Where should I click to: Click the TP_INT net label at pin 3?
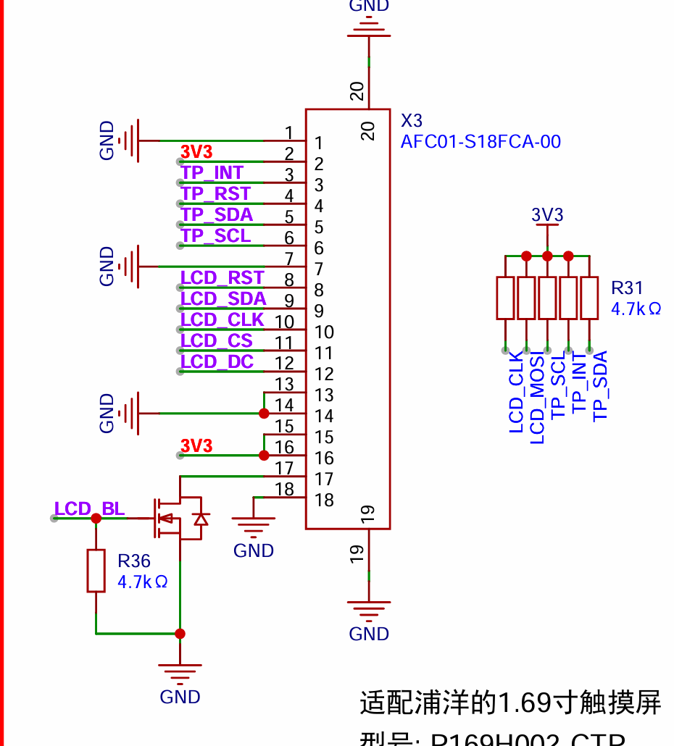pyautogui.click(x=212, y=173)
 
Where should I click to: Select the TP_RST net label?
pyautogui.click(x=215, y=194)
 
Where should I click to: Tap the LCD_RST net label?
pyautogui.click(x=222, y=278)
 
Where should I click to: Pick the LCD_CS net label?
pyautogui.click(x=216, y=341)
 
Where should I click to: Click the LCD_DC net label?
pyautogui.click(x=217, y=362)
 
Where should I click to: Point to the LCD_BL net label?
pyautogui.click(x=89, y=509)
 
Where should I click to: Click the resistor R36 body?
pyautogui.click(x=96, y=571)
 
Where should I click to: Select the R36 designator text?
pyautogui.click(x=134, y=561)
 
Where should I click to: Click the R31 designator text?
pyautogui.click(x=627, y=288)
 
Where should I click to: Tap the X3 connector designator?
pyautogui.click(x=411, y=120)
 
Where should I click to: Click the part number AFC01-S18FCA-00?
pyautogui.click(x=480, y=141)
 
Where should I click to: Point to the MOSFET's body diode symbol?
pyautogui.click(x=201, y=519)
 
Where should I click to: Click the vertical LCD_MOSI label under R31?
pyautogui.click(x=537, y=398)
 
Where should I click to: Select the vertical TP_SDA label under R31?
pyautogui.click(x=600, y=385)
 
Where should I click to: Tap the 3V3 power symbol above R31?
pyautogui.click(x=547, y=217)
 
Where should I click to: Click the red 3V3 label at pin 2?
pyautogui.click(x=196, y=152)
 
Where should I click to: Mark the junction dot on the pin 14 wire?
pyautogui.click(x=264, y=414)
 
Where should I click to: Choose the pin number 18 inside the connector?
pyautogui.click(x=324, y=500)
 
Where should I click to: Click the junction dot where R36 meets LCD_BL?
pyautogui.click(x=96, y=518)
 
